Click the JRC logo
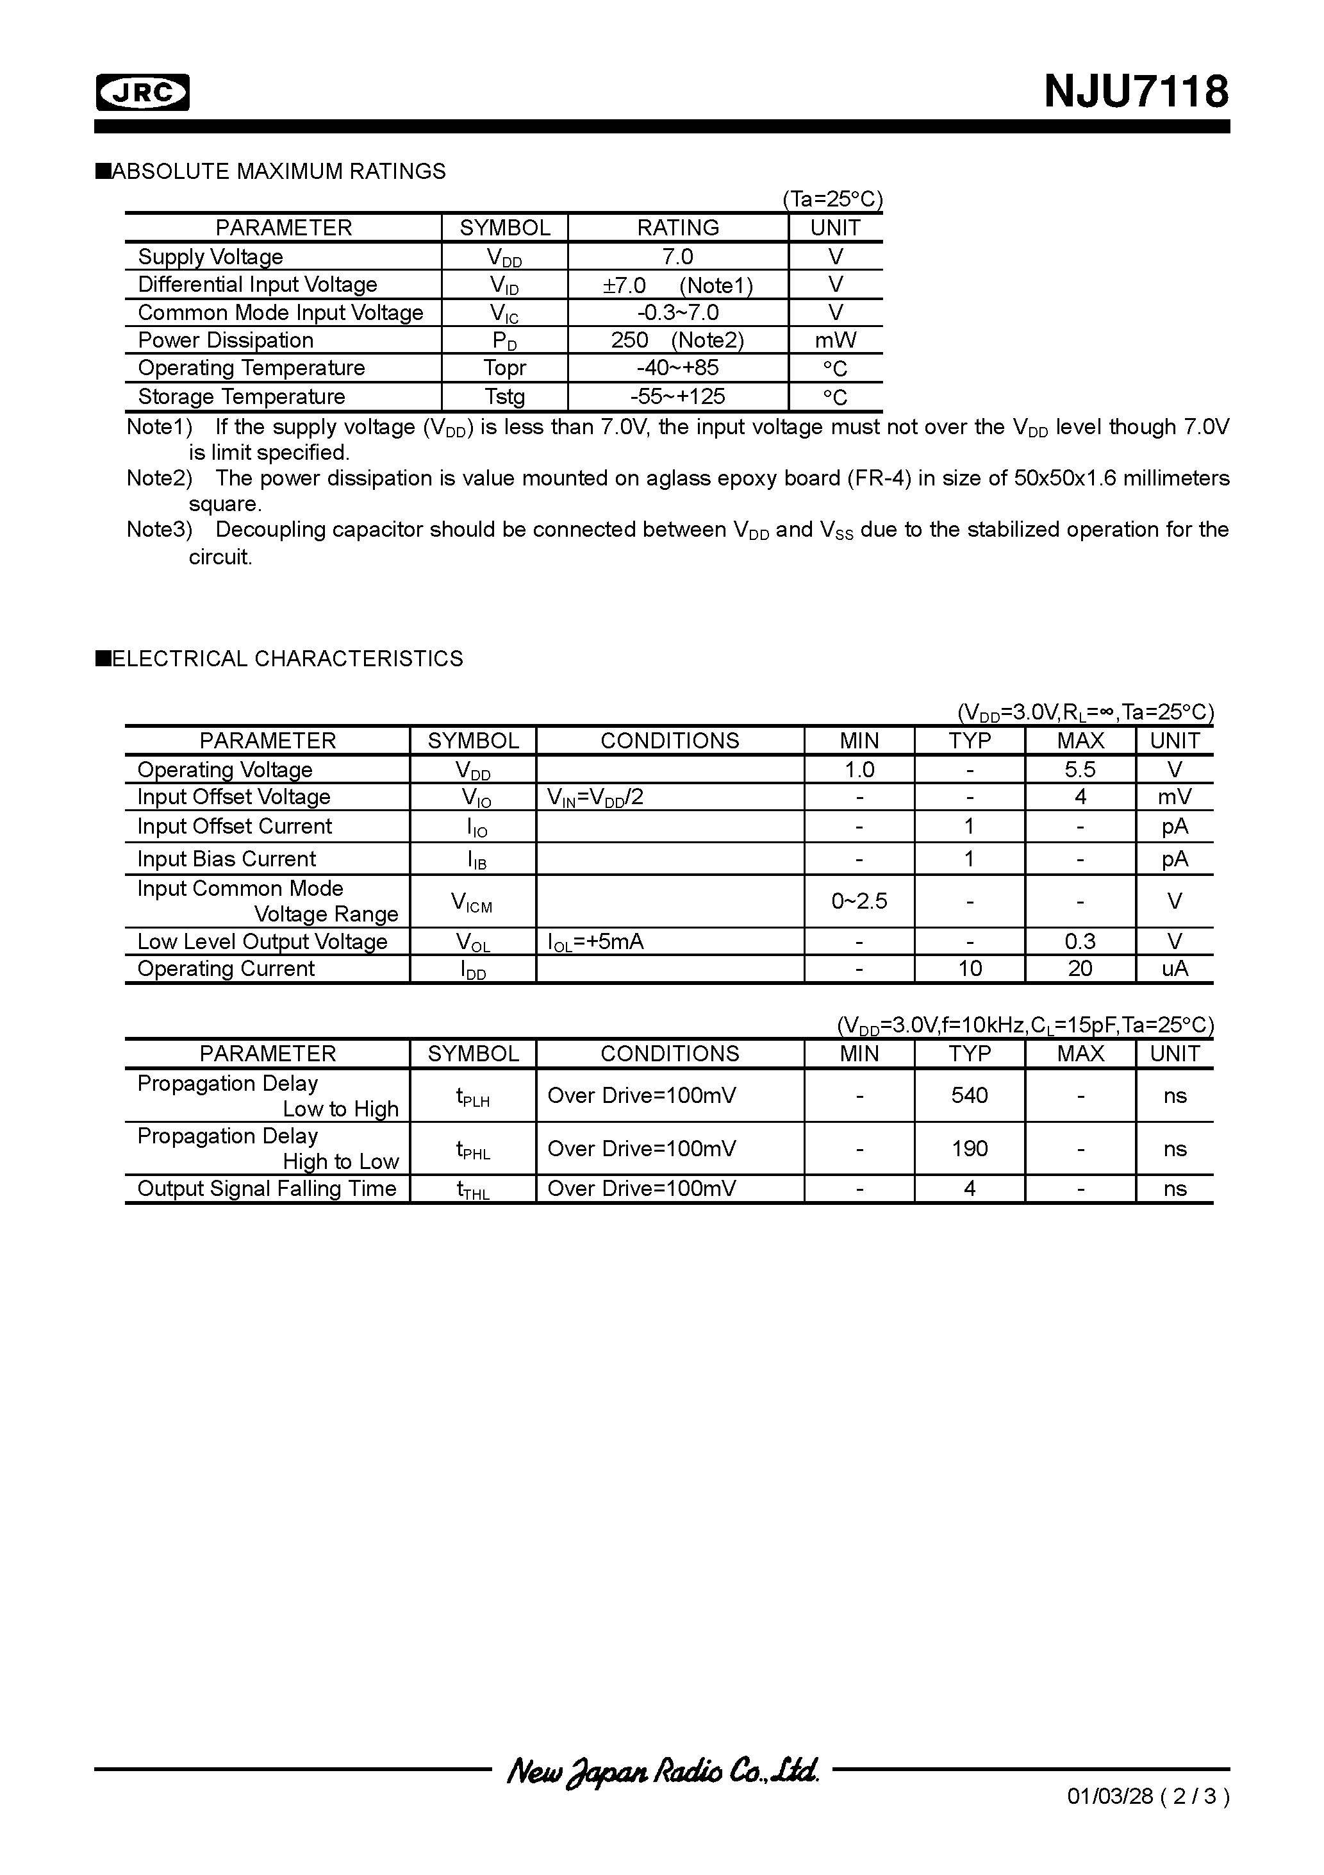pyautogui.click(x=143, y=92)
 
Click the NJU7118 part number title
pyautogui.click(x=1136, y=92)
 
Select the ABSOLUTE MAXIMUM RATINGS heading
pyautogui.click(x=277, y=171)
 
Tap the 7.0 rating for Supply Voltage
pyautogui.click(x=677, y=256)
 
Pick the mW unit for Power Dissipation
pyautogui.click(x=835, y=340)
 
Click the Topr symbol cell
pyautogui.click(x=504, y=367)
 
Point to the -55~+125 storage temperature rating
pyautogui.click(x=677, y=396)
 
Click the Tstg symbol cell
pyautogui.click(x=504, y=396)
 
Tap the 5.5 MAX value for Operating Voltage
pyautogui.click(x=1079, y=769)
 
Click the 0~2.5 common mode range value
pyautogui.click(x=859, y=901)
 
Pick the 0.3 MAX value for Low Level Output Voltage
pyautogui.click(x=1079, y=941)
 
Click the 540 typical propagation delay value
pyautogui.click(x=969, y=1095)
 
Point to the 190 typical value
pyautogui.click(x=969, y=1148)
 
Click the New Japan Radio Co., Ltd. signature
pyautogui.click(x=662, y=1770)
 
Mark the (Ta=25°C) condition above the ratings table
pyautogui.click(x=832, y=199)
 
